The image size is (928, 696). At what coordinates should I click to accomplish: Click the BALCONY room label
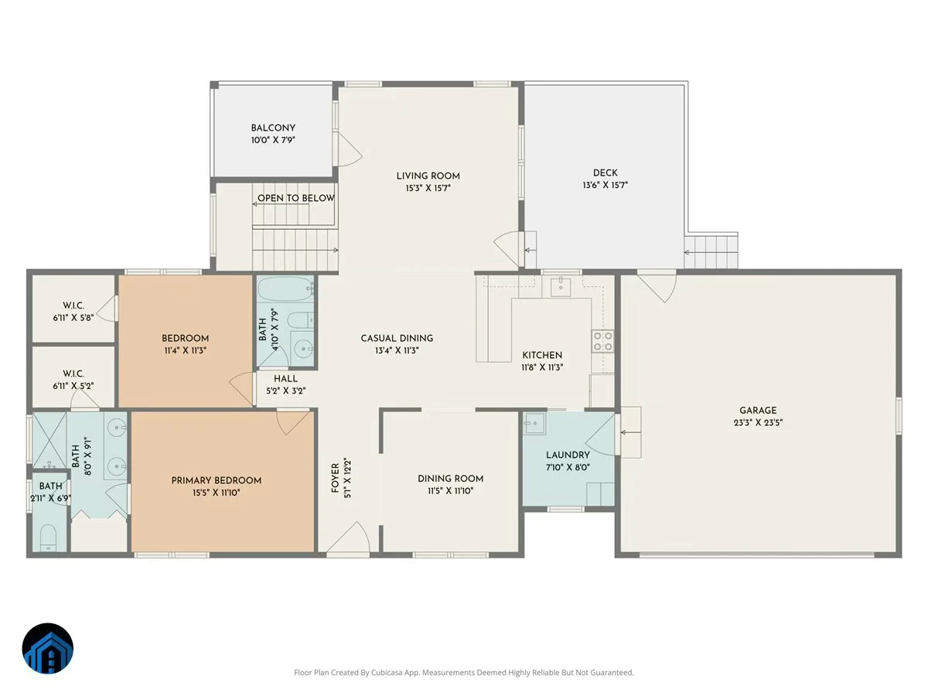tap(273, 128)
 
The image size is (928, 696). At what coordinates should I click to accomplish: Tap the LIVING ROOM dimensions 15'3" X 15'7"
tap(428, 188)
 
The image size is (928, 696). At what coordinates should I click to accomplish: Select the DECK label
tap(605, 172)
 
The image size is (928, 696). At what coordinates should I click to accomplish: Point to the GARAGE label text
tap(758, 410)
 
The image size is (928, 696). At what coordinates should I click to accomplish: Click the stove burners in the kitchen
tap(603, 342)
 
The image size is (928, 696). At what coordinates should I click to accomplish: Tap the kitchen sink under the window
tap(561, 288)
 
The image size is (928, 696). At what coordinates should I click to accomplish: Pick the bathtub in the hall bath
tap(285, 288)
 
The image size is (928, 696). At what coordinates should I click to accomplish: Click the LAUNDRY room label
tap(568, 455)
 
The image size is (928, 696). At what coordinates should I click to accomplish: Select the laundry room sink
tap(534, 423)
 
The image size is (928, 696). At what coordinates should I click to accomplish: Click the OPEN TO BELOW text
tap(296, 198)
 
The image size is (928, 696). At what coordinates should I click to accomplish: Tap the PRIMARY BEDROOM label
tap(216, 480)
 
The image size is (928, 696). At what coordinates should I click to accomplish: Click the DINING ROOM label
tap(450, 479)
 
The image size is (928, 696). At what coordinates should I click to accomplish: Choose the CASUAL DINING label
tap(397, 338)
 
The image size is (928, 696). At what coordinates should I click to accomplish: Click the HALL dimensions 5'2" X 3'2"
tap(286, 391)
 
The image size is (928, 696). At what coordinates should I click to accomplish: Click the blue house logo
tap(48, 648)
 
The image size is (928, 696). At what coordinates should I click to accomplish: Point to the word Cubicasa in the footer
tap(387, 672)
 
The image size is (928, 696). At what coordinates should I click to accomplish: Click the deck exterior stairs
tap(711, 252)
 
